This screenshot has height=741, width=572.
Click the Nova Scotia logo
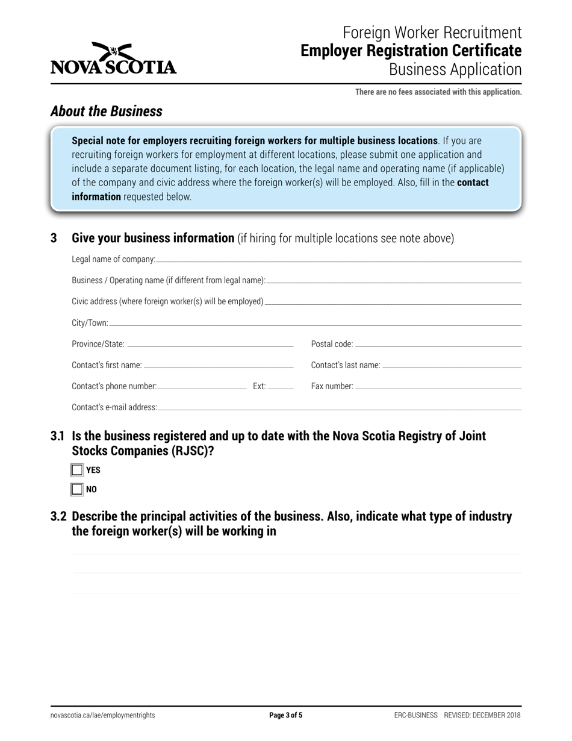pyautogui.click(x=113, y=58)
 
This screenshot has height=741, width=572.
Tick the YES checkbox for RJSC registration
pyautogui.click(x=77, y=470)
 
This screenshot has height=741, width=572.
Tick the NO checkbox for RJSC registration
pyautogui.click(x=77, y=489)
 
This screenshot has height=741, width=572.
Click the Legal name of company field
pyautogui.click(x=337, y=259)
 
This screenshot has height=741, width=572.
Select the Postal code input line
pyautogui.click(x=438, y=344)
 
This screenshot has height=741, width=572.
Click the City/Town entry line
pyautogui.click(x=314, y=323)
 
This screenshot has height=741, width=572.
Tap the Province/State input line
pyautogui.click(x=210, y=344)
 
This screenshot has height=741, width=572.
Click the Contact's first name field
pyautogui.click(x=218, y=365)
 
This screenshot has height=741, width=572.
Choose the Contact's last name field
pyautogui.click(x=452, y=365)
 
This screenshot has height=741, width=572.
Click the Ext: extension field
pyautogui.click(x=280, y=386)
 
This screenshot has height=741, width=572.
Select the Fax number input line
pyautogui.click(x=438, y=386)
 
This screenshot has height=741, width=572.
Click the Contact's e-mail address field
pyautogui.click(x=338, y=407)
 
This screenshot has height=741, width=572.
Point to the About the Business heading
pyautogui.click(x=107, y=111)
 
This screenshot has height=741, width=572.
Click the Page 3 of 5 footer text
pyautogui.click(x=285, y=716)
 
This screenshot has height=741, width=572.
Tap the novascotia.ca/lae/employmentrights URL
pyautogui.click(x=103, y=716)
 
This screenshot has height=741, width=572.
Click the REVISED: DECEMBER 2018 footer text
pyautogui.click(x=482, y=716)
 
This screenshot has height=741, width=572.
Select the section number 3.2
pyautogui.click(x=59, y=517)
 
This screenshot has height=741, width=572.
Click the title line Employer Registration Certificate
pyautogui.click(x=411, y=51)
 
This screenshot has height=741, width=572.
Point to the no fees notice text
pyautogui.click(x=438, y=92)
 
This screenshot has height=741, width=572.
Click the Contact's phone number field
pyautogui.click(x=202, y=386)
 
